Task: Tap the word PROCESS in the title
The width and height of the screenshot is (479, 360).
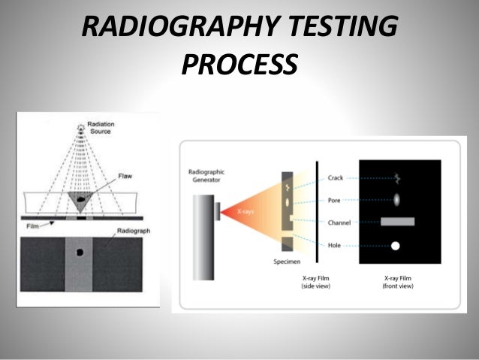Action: coord(239,66)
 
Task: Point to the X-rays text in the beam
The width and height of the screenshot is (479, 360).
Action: coord(246,213)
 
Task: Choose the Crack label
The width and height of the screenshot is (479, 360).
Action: coord(336,178)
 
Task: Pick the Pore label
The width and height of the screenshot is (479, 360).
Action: coord(336,201)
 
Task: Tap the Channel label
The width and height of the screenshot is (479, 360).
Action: coord(340,222)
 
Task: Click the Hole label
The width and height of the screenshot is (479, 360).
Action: coord(336,245)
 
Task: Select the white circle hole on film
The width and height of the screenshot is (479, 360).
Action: coord(395,246)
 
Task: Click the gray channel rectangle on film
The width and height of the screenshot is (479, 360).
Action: coord(398,222)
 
